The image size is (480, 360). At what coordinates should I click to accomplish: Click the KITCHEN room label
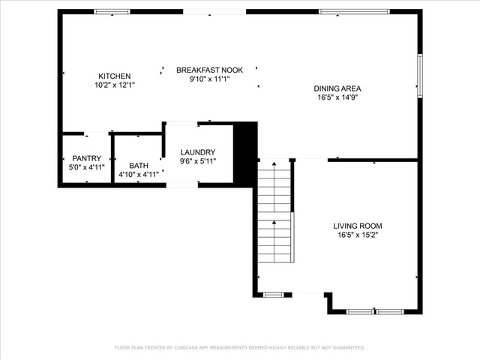click(x=115, y=76)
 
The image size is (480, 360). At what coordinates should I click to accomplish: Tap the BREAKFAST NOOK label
click(x=210, y=70)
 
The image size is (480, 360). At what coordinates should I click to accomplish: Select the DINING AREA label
click(x=337, y=88)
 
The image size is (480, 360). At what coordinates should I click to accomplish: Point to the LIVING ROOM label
click(x=358, y=226)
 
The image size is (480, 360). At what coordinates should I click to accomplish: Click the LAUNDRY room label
click(x=198, y=152)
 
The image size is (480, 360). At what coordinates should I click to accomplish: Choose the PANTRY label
click(x=87, y=158)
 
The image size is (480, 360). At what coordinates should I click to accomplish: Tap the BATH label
click(x=139, y=166)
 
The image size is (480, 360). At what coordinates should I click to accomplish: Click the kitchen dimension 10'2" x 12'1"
click(x=115, y=85)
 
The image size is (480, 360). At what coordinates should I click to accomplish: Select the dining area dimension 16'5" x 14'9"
click(x=337, y=97)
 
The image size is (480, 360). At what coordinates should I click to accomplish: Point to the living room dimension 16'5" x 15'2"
click(x=358, y=235)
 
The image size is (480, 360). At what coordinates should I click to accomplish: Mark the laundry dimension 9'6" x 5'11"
click(x=198, y=161)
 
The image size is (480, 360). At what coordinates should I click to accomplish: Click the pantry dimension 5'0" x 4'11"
click(x=87, y=167)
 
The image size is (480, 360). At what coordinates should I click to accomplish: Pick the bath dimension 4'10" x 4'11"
click(x=139, y=175)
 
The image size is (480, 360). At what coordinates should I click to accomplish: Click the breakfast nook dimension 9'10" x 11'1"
click(x=210, y=79)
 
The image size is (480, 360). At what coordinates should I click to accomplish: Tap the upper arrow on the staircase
click(x=274, y=187)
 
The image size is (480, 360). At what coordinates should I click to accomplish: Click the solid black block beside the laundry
click(x=245, y=154)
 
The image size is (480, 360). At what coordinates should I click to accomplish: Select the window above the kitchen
click(x=112, y=12)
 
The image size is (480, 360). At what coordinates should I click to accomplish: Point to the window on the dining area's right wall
click(x=420, y=76)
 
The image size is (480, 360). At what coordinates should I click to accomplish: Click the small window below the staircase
click(x=273, y=295)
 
